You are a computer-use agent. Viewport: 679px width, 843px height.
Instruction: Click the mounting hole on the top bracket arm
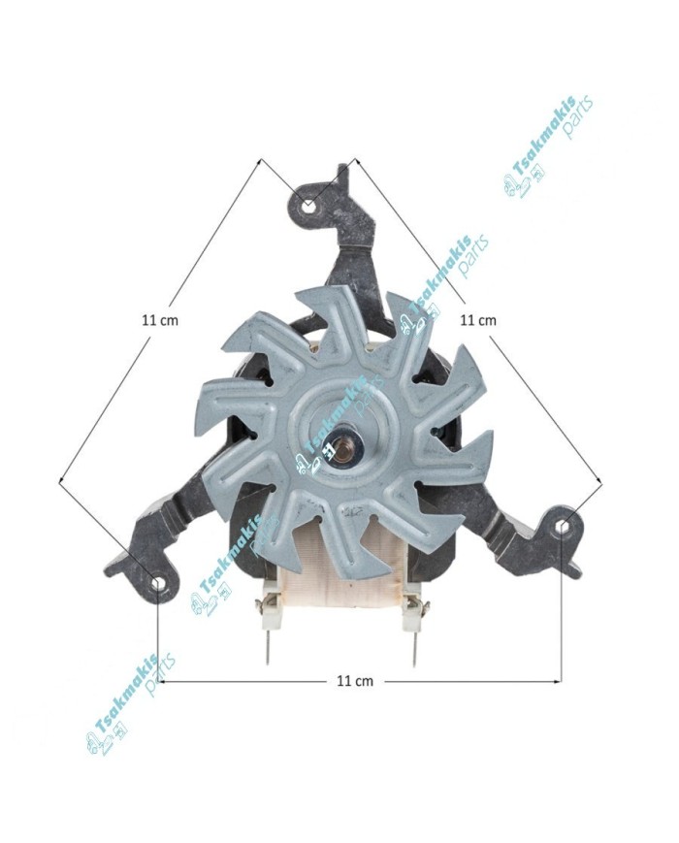point(308,206)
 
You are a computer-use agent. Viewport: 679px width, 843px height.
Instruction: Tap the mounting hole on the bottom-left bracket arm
point(158,583)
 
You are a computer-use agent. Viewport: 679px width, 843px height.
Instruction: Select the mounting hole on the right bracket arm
point(563,525)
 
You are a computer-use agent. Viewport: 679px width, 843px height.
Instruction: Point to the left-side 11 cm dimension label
point(160,320)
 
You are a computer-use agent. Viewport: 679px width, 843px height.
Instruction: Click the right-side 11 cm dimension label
point(478,320)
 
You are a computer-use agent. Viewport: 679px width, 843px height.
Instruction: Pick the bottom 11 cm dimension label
point(355,681)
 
